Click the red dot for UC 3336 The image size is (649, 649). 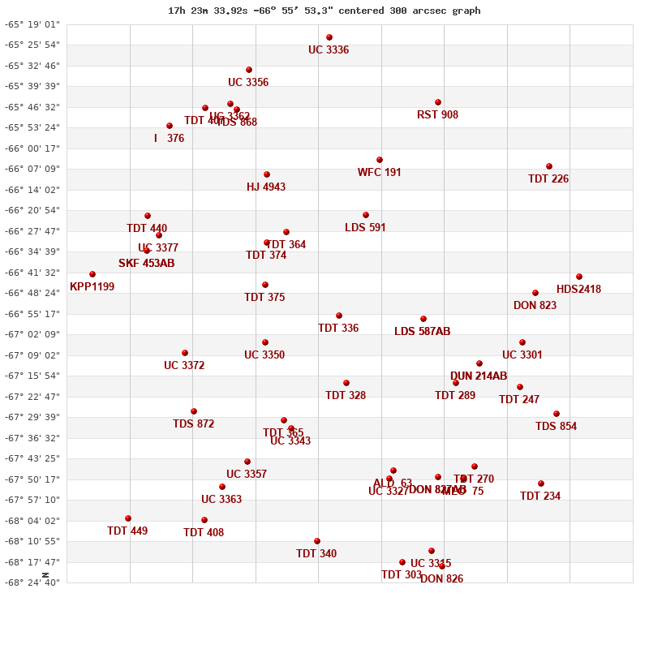coord(329,37)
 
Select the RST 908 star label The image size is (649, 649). coord(437,115)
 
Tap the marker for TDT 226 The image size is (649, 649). coord(549,166)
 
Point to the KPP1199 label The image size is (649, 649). coord(92,287)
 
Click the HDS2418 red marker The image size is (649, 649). coord(579,277)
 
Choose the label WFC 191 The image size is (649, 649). coord(379,173)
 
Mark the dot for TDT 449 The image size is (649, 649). coord(128,518)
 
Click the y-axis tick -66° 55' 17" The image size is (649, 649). coord(32,314)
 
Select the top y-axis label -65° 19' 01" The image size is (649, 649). coord(32,24)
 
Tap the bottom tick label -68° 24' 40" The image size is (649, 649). coord(32,582)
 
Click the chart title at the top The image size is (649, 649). coord(324,11)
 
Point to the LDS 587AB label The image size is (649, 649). coord(422,332)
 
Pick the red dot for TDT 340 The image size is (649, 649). coord(317,541)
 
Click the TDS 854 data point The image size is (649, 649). coord(557,414)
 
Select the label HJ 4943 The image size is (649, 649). coord(266,187)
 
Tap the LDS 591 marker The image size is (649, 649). coord(366,215)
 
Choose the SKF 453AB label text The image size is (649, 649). coord(146,264)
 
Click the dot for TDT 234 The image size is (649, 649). coord(541,484)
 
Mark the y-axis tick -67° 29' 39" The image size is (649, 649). coord(32,417)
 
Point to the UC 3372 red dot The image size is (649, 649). coord(185,353)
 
